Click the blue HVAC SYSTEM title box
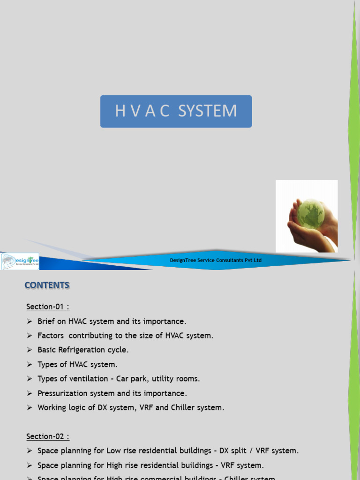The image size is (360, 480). [176, 112]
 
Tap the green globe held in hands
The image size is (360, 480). [310, 214]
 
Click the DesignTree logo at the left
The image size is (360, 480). [20, 262]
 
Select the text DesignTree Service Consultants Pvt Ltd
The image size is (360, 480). [216, 260]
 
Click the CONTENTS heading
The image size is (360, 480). [47, 285]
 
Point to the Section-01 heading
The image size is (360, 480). [47, 307]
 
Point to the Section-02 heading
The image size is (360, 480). [47, 436]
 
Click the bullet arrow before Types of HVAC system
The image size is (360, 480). [29, 365]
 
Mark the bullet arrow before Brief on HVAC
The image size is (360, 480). [29, 322]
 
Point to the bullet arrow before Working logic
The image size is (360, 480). [29, 408]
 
